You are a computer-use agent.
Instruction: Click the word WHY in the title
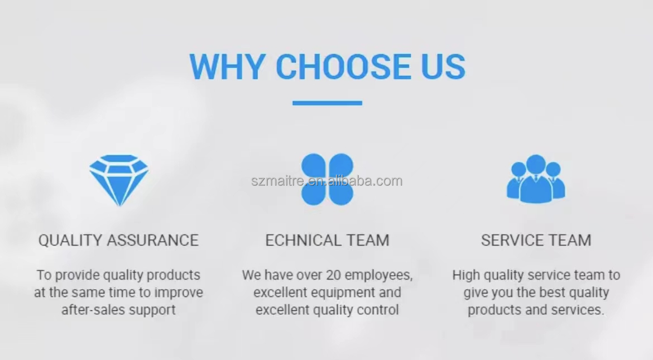pyautogui.click(x=227, y=66)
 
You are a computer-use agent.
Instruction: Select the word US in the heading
pyautogui.click(x=443, y=66)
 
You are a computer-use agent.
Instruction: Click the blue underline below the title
pyautogui.click(x=327, y=103)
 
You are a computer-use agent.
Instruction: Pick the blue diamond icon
pyautogui.click(x=119, y=180)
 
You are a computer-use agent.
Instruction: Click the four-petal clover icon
pyautogui.click(x=327, y=179)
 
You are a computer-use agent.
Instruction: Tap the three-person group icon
pyautogui.click(x=536, y=179)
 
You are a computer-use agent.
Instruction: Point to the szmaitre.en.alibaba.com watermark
pyautogui.click(x=327, y=181)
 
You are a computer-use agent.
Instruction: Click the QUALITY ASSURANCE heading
pyautogui.click(x=119, y=241)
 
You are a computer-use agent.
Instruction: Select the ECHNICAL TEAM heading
pyautogui.click(x=327, y=241)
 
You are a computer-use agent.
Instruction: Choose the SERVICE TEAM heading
pyautogui.click(x=536, y=241)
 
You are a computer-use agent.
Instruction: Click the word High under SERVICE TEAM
pyautogui.click(x=466, y=276)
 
